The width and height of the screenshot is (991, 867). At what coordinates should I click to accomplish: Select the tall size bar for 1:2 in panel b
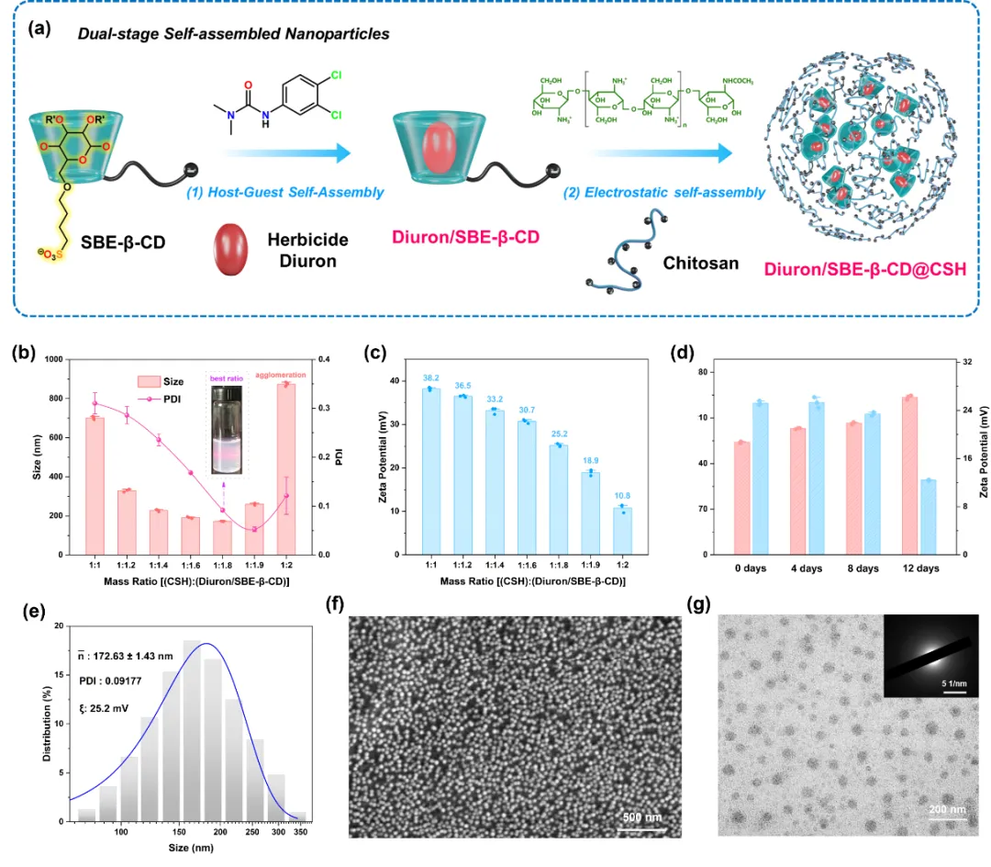tap(285, 468)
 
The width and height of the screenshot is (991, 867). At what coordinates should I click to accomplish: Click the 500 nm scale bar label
tap(634, 816)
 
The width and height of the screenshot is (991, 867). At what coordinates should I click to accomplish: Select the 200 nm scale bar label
tap(946, 809)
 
